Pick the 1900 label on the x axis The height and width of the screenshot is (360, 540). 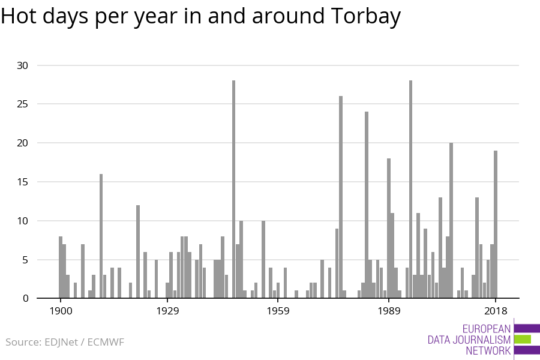coord(61,311)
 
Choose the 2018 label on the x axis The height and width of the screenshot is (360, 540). coord(496,311)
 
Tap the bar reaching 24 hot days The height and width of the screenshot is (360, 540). coord(367,205)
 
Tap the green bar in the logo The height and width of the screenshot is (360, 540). coord(522,339)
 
